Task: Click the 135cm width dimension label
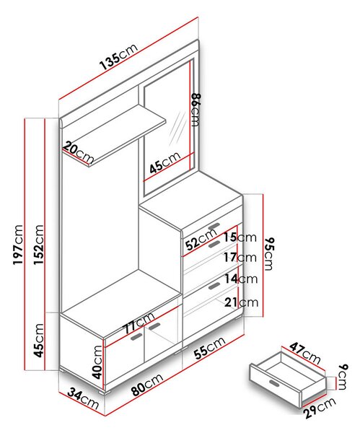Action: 118,56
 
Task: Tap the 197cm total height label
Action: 18,245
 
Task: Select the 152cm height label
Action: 39,245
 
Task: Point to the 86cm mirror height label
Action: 196,110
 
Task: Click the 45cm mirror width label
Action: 164,162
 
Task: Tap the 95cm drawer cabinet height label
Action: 268,253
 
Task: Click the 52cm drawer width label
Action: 201,240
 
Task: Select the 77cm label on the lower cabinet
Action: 139,323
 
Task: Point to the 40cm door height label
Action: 97,362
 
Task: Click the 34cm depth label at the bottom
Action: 83,399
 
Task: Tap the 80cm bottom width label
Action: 147,384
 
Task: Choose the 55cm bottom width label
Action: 209,348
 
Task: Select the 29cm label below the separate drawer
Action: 320,408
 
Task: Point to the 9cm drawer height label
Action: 343,377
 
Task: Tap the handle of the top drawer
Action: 214,225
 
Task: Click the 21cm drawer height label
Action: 241,302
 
